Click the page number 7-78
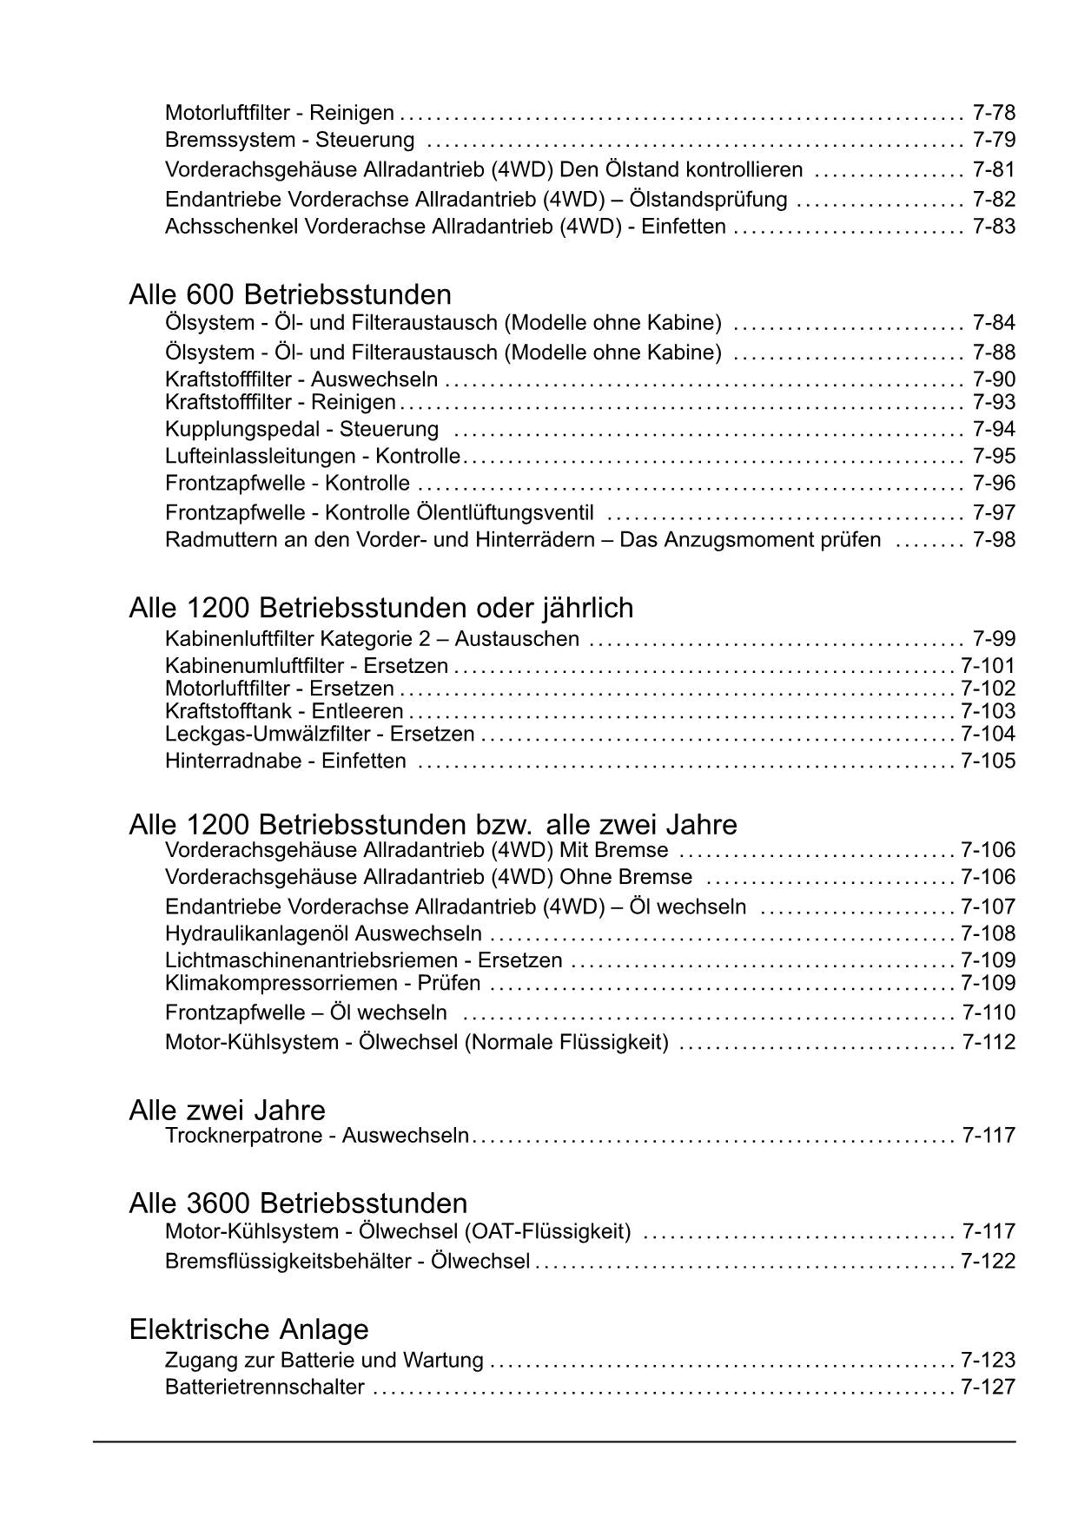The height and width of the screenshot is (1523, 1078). (x=994, y=113)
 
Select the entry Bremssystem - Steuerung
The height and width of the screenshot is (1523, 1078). (x=289, y=140)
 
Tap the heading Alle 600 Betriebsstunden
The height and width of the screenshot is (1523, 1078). (x=289, y=294)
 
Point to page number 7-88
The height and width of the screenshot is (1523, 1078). (x=994, y=353)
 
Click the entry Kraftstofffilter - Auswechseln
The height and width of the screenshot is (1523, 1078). (x=301, y=379)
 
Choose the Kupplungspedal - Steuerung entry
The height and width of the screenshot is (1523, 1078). (x=301, y=429)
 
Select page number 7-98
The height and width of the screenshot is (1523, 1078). (x=994, y=540)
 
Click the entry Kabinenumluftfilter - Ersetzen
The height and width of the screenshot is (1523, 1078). (x=306, y=666)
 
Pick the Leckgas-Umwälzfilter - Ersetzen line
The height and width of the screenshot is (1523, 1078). (x=320, y=734)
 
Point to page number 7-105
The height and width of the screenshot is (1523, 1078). (x=988, y=761)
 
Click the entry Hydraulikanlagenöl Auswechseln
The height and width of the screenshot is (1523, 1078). (x=323, y=933)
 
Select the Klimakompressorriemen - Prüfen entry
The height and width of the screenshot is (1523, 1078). (x=322, y=983)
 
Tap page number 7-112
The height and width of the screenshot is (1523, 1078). (x=989, y=1042)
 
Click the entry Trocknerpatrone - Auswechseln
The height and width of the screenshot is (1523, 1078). (x=316, y=1136)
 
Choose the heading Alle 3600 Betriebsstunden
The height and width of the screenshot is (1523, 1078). (x=298, y=1203)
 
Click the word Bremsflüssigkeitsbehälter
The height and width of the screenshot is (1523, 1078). (x=288, y=1261)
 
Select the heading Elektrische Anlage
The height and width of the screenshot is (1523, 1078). (x=248, y=1329)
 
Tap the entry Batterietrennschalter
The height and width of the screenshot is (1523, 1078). (x=264, y=1387)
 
